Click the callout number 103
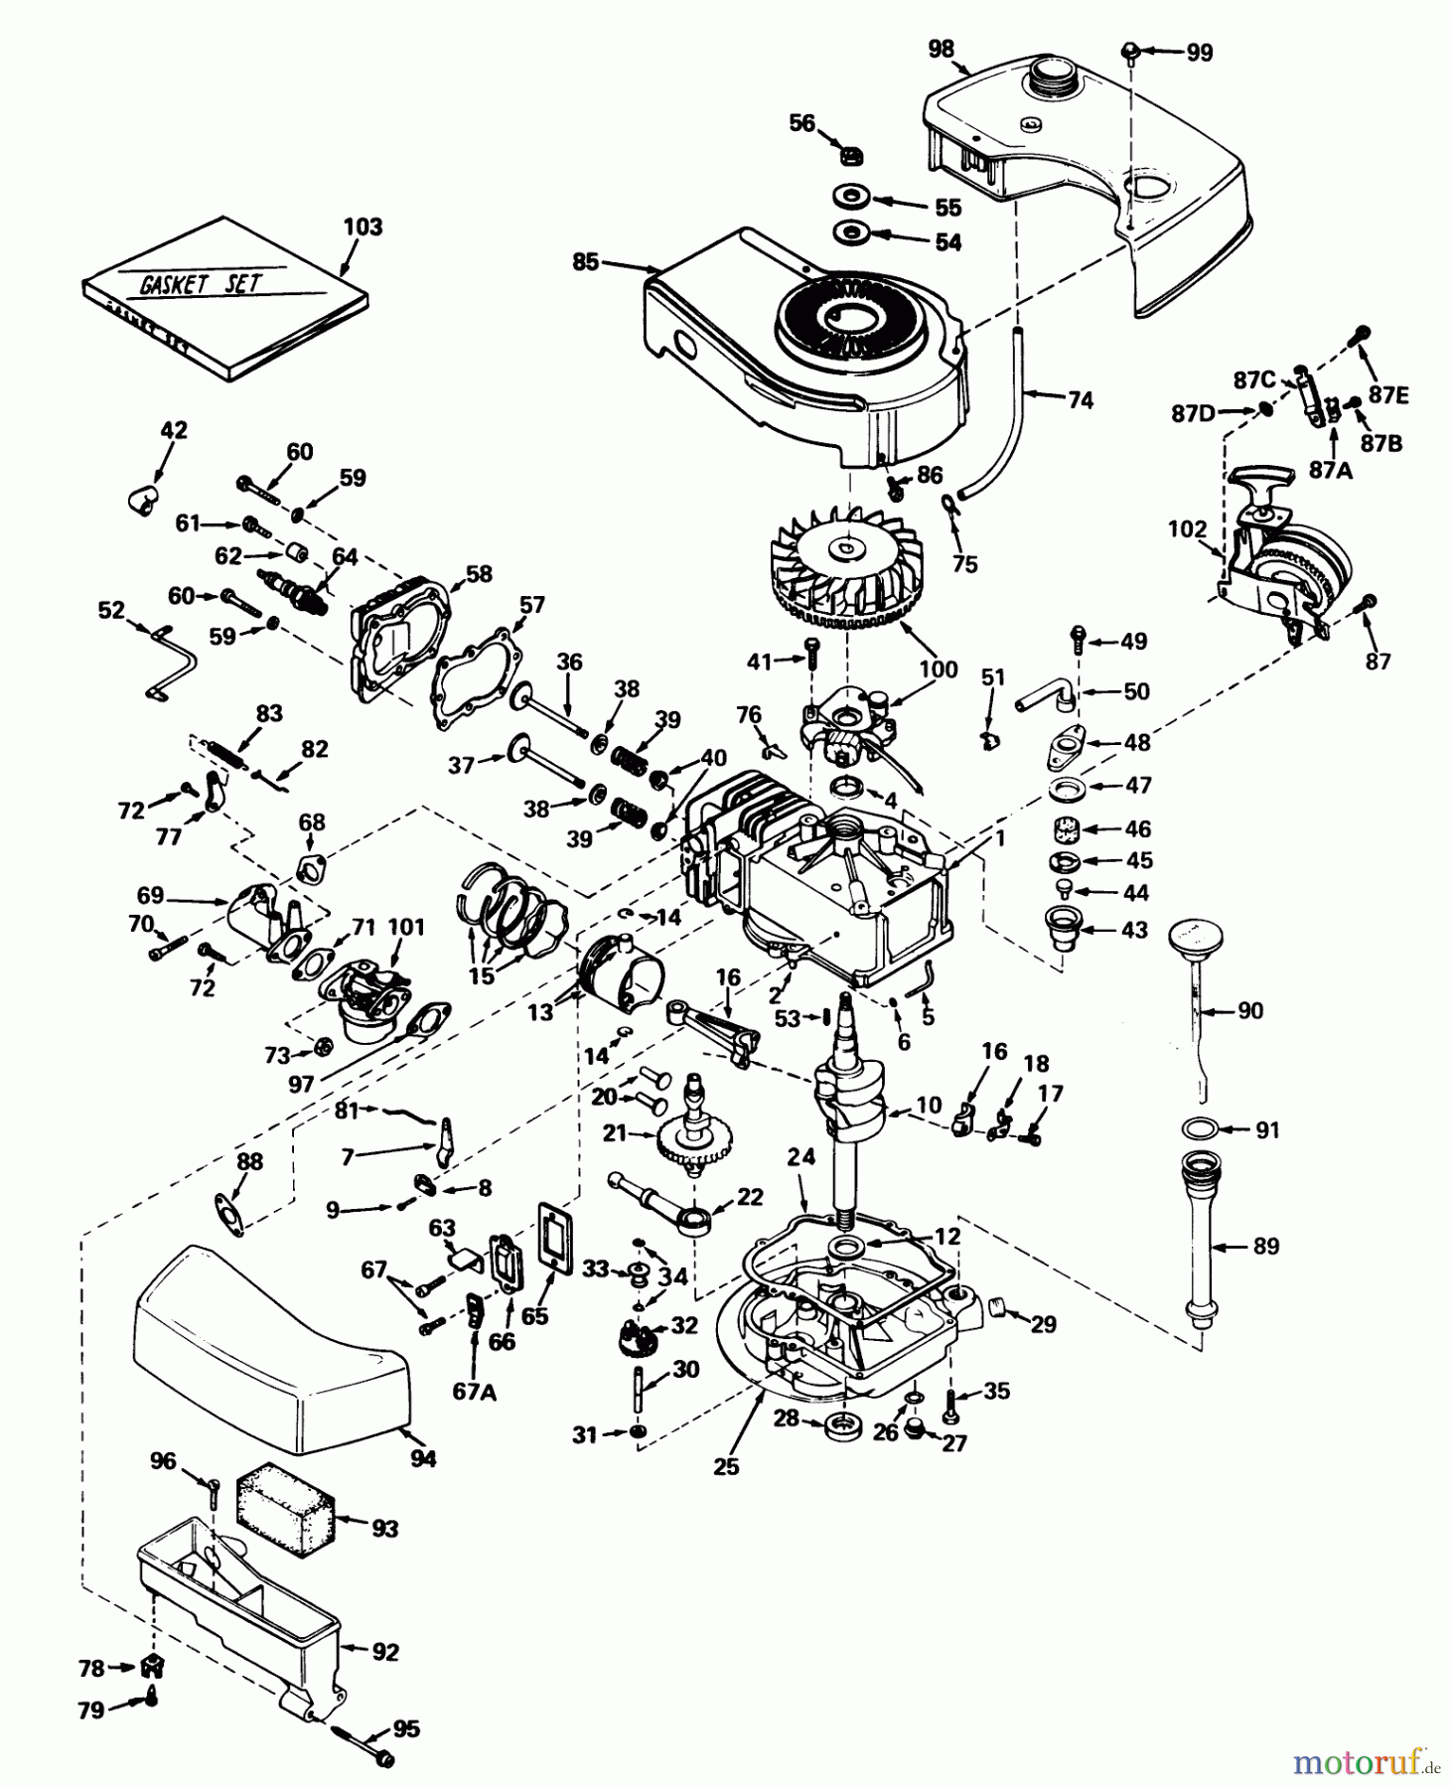(363, 226)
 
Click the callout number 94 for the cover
(423, 1458)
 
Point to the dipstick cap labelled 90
(1195, 939)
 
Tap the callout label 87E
(1388, 394)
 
